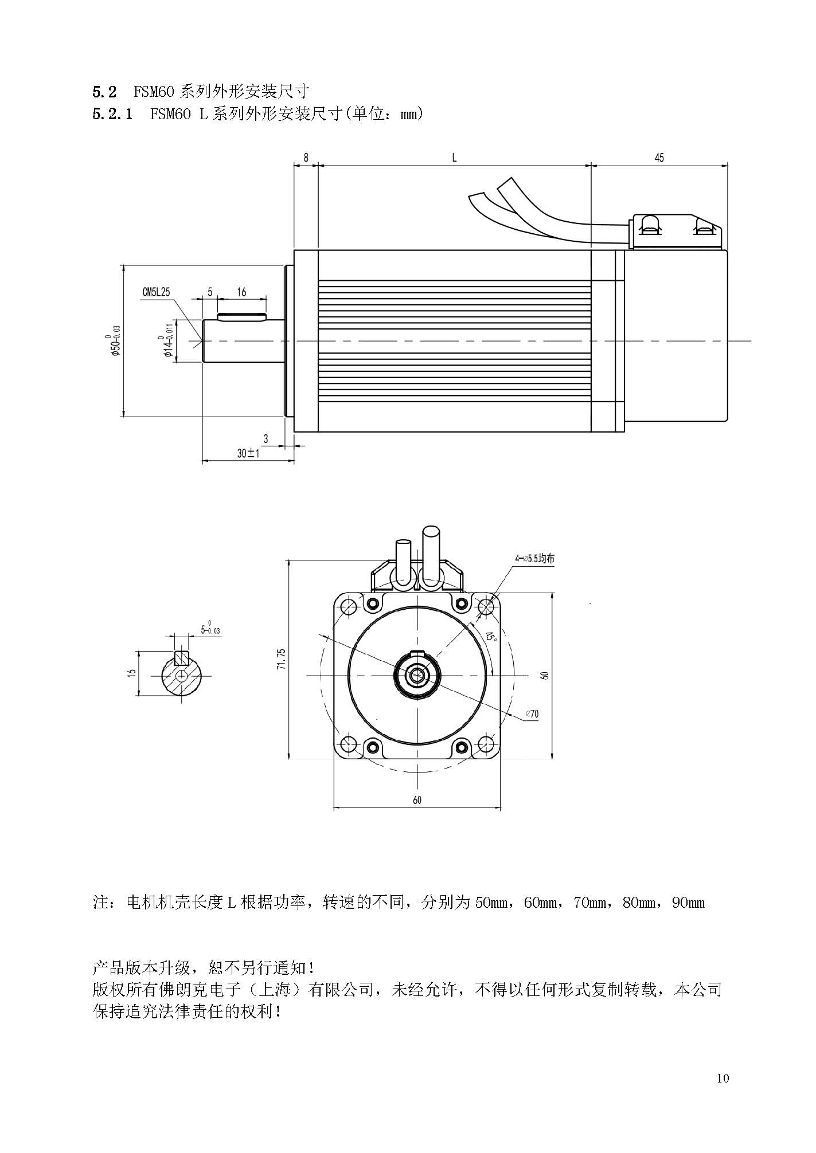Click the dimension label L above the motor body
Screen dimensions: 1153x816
tap(454, 158)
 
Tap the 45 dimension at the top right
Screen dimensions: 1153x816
tap(659, 158)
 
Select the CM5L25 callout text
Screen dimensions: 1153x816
tap(156, 292)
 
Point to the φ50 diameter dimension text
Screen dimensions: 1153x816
tap(116, 341)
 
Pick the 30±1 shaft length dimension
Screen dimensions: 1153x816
tap(249, 453)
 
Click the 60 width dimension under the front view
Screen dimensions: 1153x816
tap(417, 800)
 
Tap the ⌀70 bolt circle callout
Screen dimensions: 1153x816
tap(532, 714)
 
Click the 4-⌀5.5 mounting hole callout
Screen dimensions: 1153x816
tap(534, 558)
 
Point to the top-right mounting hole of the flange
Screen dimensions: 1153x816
tap(486, 606)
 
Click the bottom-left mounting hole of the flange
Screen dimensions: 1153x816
tap(348, 744)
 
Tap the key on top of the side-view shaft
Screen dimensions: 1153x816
tap(242, 317)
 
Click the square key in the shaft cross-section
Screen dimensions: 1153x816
tap(182, 657)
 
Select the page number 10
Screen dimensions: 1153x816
tap(723, 1079)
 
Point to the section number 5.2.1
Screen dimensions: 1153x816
tap(112, 114)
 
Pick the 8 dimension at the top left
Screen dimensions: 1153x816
tap(306, 158)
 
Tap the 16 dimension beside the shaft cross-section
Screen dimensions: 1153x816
tap(131, 673)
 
